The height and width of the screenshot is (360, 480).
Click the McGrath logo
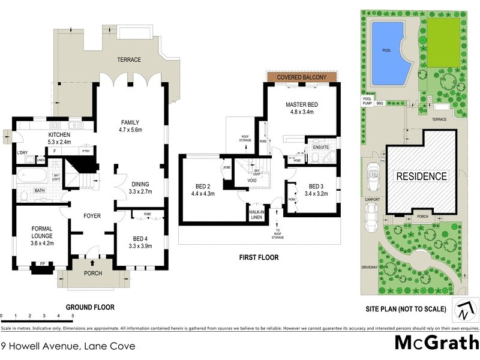(436, 343)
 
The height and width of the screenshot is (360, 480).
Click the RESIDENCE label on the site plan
(421, 176)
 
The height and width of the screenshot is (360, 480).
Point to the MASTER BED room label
(301, 109)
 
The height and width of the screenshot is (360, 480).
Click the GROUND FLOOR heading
(90, 307)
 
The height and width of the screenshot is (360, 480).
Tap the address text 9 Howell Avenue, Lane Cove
(67, 346)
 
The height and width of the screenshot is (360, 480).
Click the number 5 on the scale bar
(73, 316)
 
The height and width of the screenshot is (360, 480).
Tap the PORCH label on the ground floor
(92, 274)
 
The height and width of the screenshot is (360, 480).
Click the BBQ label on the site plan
(380, 103)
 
